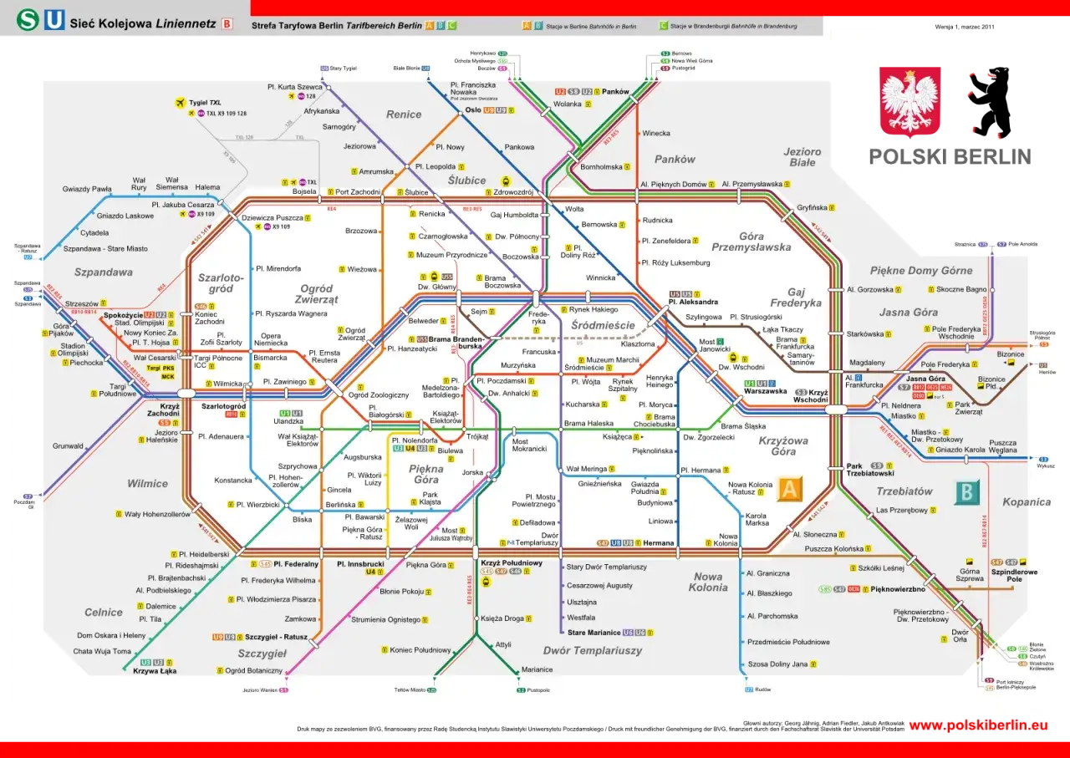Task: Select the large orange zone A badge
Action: coord(790,490)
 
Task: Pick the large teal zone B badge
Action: coord(967,492)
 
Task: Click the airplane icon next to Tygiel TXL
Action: coord(178,103)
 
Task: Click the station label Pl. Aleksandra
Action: coord(693,302)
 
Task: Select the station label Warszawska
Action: coord(765,391)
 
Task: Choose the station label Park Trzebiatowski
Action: coord(870,470)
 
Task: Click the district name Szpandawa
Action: coord(104,272)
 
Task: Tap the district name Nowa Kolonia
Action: coord(708,582)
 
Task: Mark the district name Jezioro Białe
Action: coord(802,157)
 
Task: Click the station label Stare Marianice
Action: coord(594,633)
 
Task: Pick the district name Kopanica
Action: coord(1026,502)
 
